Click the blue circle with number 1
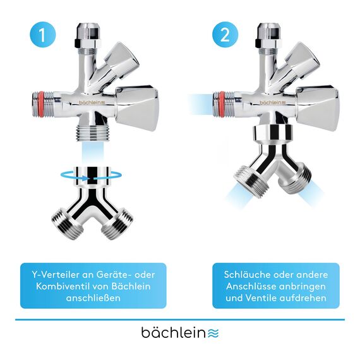coord(42,35)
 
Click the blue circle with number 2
coord(225,35)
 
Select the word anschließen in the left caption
coord(93,297)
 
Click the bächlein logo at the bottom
coord(179,332)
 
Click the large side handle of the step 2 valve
coord(320,107)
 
